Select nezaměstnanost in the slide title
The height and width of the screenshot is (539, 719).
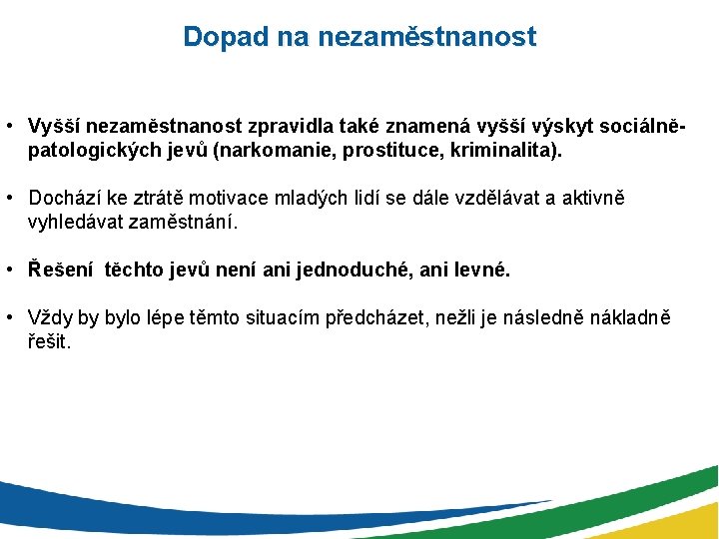click(426, 37)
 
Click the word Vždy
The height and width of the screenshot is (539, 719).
click(51, 318)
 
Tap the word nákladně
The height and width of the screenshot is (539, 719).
click(630, 318)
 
